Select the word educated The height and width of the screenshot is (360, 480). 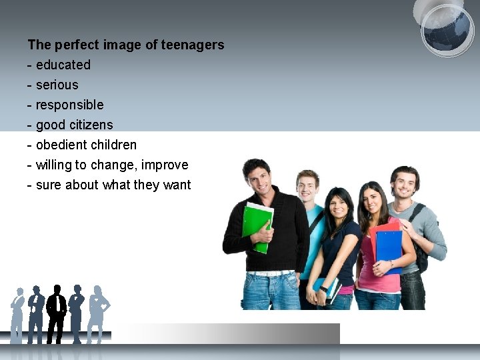(63, 65)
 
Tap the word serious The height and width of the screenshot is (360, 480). (57, 85)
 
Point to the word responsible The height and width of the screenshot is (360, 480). (70, 105)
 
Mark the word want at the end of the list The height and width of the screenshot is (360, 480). (177, 185)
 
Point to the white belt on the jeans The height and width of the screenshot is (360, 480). (270, 273)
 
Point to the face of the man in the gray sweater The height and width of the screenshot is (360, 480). (404, 184)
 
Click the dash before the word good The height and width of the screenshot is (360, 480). (30, 125)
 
